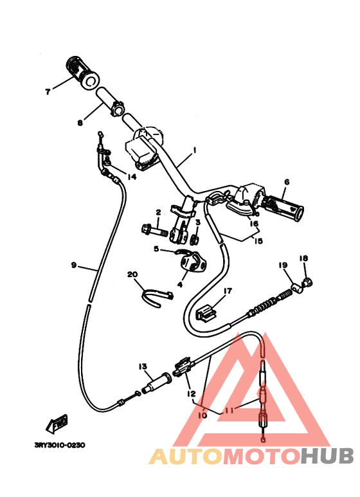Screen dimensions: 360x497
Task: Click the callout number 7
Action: [48, 92]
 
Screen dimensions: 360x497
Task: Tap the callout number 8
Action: [80, 123]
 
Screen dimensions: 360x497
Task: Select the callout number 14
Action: [132, 177]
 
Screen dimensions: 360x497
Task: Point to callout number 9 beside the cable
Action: [74, 265]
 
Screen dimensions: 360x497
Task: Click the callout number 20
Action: [132, 274]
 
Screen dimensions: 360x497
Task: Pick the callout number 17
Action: [228, 291]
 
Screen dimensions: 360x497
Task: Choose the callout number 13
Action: [143, 366]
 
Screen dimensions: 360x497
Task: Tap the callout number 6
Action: [287, 182]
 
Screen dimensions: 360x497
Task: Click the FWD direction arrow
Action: [57, 424]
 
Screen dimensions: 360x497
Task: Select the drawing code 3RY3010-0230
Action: [60, 446]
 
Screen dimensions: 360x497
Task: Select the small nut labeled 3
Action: [194, 239]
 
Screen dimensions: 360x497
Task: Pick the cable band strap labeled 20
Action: [157, 298]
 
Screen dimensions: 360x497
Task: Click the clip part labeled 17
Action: [206, 313]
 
